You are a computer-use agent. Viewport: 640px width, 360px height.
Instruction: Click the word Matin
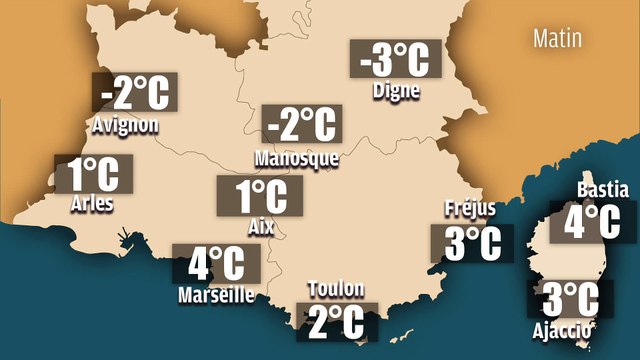point(559,39)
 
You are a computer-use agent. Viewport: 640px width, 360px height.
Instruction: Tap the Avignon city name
point(124,125)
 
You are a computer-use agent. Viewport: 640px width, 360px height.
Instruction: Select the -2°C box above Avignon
point(135,93)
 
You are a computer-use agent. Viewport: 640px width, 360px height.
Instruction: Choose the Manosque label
point(297,158)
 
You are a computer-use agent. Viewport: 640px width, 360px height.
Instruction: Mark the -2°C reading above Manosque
point(300,125)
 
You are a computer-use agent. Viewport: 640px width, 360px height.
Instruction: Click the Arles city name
point(93,205)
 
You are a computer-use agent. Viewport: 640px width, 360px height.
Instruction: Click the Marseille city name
point(216,295)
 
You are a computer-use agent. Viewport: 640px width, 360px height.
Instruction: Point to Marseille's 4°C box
point(217,265)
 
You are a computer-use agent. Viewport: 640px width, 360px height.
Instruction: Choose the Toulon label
point(337,290)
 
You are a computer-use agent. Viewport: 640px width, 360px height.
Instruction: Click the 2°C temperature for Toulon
point(337,322)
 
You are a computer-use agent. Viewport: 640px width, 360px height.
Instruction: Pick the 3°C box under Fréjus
point(471,243)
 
